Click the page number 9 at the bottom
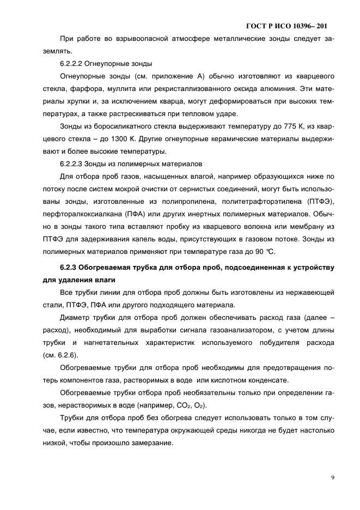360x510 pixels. click(332, 478)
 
